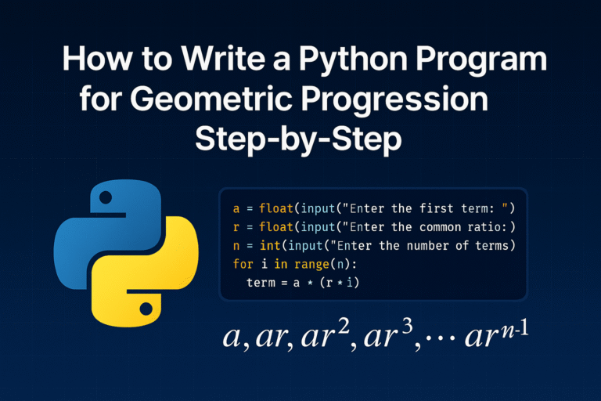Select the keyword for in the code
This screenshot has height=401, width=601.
pos(243,264)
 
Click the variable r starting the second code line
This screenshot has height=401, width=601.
pos(236,227)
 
